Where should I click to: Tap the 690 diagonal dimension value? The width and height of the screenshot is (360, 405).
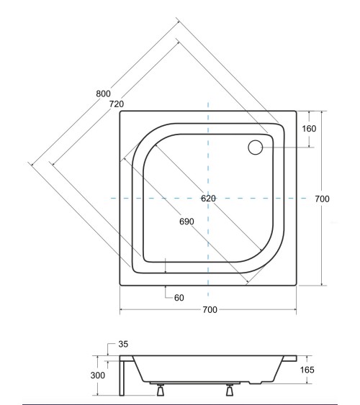tap(186, 221)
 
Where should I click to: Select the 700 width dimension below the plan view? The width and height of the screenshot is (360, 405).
tap(208, 310)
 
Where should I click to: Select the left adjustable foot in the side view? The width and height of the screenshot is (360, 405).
tap(159, 390)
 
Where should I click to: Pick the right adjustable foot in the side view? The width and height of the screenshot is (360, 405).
tap(231, 390)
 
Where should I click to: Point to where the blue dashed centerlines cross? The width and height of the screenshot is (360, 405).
tap(208, 197)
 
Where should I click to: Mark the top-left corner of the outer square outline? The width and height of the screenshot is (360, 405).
tap(120, 112)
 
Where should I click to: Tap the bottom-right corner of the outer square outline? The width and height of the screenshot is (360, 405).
tap(296, 286)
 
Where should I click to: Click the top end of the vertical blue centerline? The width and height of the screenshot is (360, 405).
tap(208, 101)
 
